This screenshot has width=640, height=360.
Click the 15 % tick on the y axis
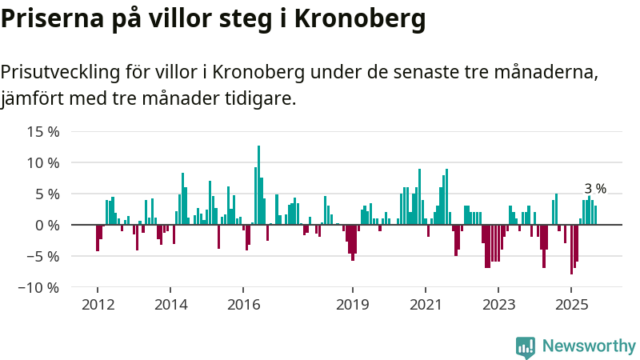point(43,131)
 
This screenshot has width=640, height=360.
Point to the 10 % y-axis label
point(43,162)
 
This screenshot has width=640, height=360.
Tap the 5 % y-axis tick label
point(47,194)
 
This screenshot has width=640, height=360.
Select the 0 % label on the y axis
point(47,225)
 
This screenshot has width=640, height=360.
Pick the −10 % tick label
point(39,287)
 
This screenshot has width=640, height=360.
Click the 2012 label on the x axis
point(98,305)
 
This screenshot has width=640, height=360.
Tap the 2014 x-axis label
point(170,305)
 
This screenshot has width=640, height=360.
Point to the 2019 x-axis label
point(352,305)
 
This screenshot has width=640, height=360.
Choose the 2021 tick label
point(425,305)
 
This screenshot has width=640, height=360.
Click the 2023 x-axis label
point(498,305)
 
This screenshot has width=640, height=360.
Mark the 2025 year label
point(571,305)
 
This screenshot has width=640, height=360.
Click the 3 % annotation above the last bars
point(595,189)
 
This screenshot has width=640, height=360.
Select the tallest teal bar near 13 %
point(258,184)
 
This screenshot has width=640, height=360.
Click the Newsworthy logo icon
point(526,346)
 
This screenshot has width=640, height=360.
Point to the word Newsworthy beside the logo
point(589,346)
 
